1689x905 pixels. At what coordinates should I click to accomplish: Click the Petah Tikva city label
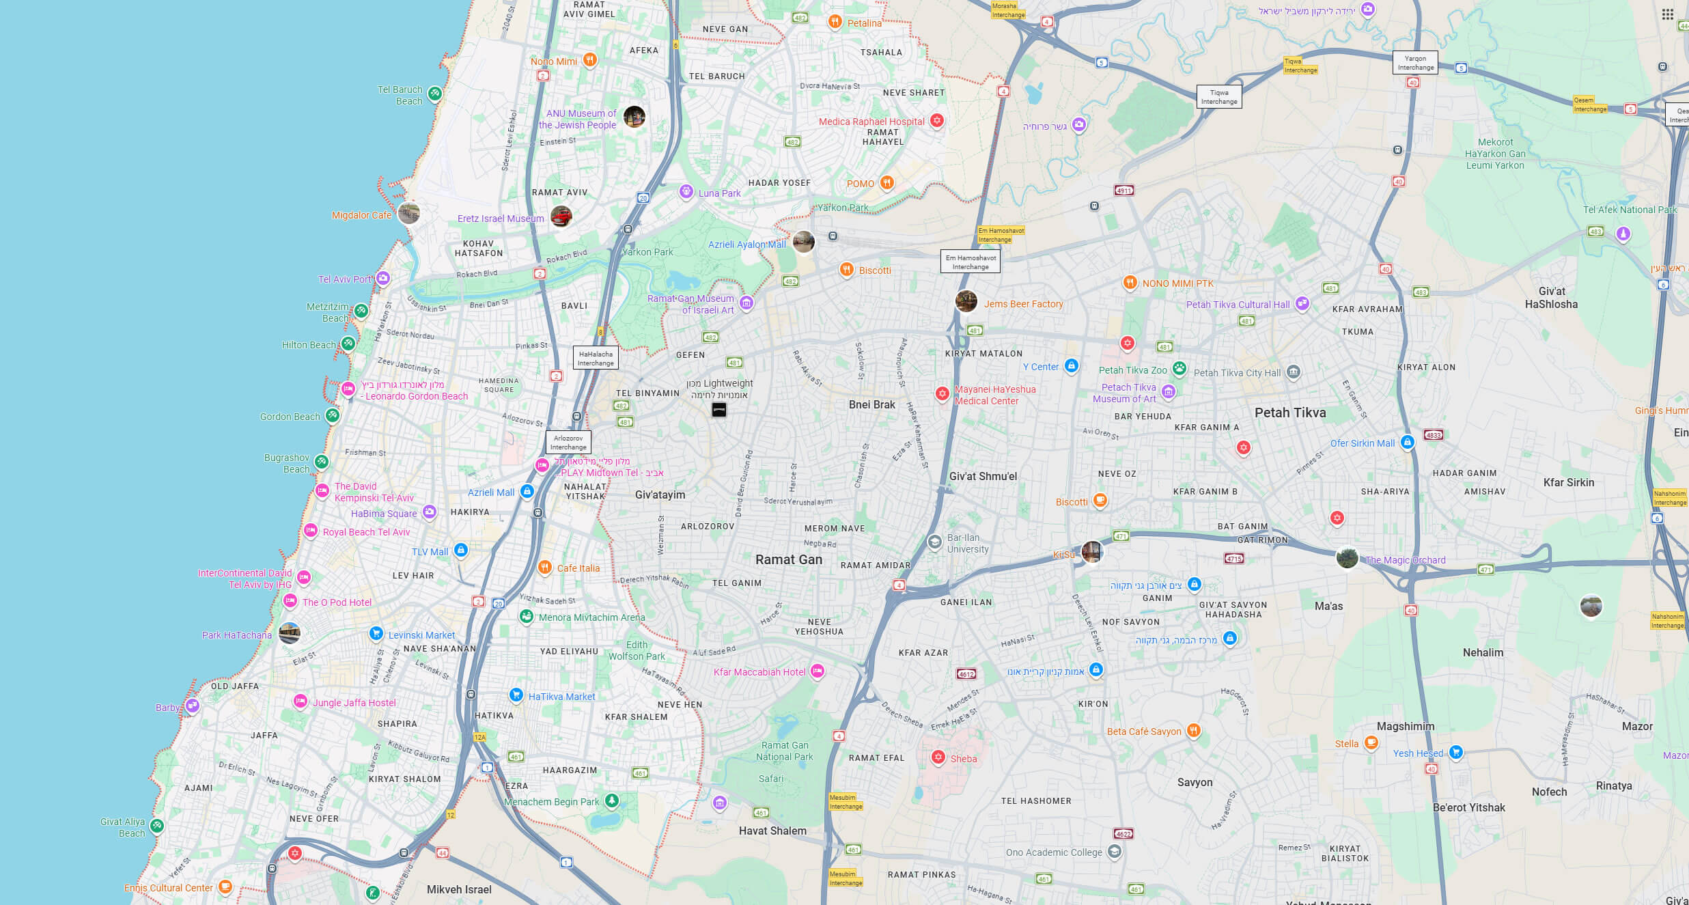pyautogui.click(x=1290, y=413)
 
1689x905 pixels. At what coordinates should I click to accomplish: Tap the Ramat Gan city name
pyautogui.click(x=789, y=559)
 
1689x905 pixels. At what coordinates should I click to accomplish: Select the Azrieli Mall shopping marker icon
pyautogui.click(x=527, y=491)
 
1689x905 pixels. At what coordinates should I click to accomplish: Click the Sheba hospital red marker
pyautogui.click(x=938, y=757)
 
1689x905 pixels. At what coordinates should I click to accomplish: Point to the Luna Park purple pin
pyautogui.click(x=686, y=192)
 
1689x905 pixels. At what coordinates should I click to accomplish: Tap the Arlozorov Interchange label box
pyautogui.click(x=568, y=443)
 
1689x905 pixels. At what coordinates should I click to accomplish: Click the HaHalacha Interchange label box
pyautogui.click(x=596, y=359)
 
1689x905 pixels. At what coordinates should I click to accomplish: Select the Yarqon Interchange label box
pyautogui.click(x=1415, y=63)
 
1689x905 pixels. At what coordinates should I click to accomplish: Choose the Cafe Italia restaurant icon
pyautogui.click(x=544, y=567)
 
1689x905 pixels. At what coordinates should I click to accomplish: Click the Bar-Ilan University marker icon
pyautogui.click(x=934, y=542)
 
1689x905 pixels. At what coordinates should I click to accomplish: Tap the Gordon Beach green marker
pyautogui.click(x=333, y=415)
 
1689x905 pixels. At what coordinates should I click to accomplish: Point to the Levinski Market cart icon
pyautogui.click(x=376, y=633)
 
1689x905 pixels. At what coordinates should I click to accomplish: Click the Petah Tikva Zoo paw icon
pyautogui.click(x=1179, y=368)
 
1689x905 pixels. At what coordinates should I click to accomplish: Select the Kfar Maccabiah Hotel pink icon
pyautogui.click(x=818, y=671)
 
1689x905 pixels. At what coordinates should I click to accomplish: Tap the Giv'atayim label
pyautogui.click(x=660, y=495)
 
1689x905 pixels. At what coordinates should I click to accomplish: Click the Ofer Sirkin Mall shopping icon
pyautogui.click(x=1407, y=442)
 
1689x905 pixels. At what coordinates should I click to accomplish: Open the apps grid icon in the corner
pyautogui.click(x=1667, y=14)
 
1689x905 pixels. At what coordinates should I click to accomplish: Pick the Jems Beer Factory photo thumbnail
pyautogui.click(x=966, y=301)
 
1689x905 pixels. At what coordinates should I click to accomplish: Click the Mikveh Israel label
pyautogui.click(x=459, y=889)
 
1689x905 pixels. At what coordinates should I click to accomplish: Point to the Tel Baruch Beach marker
pyautogui.click(x=434, y=94)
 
